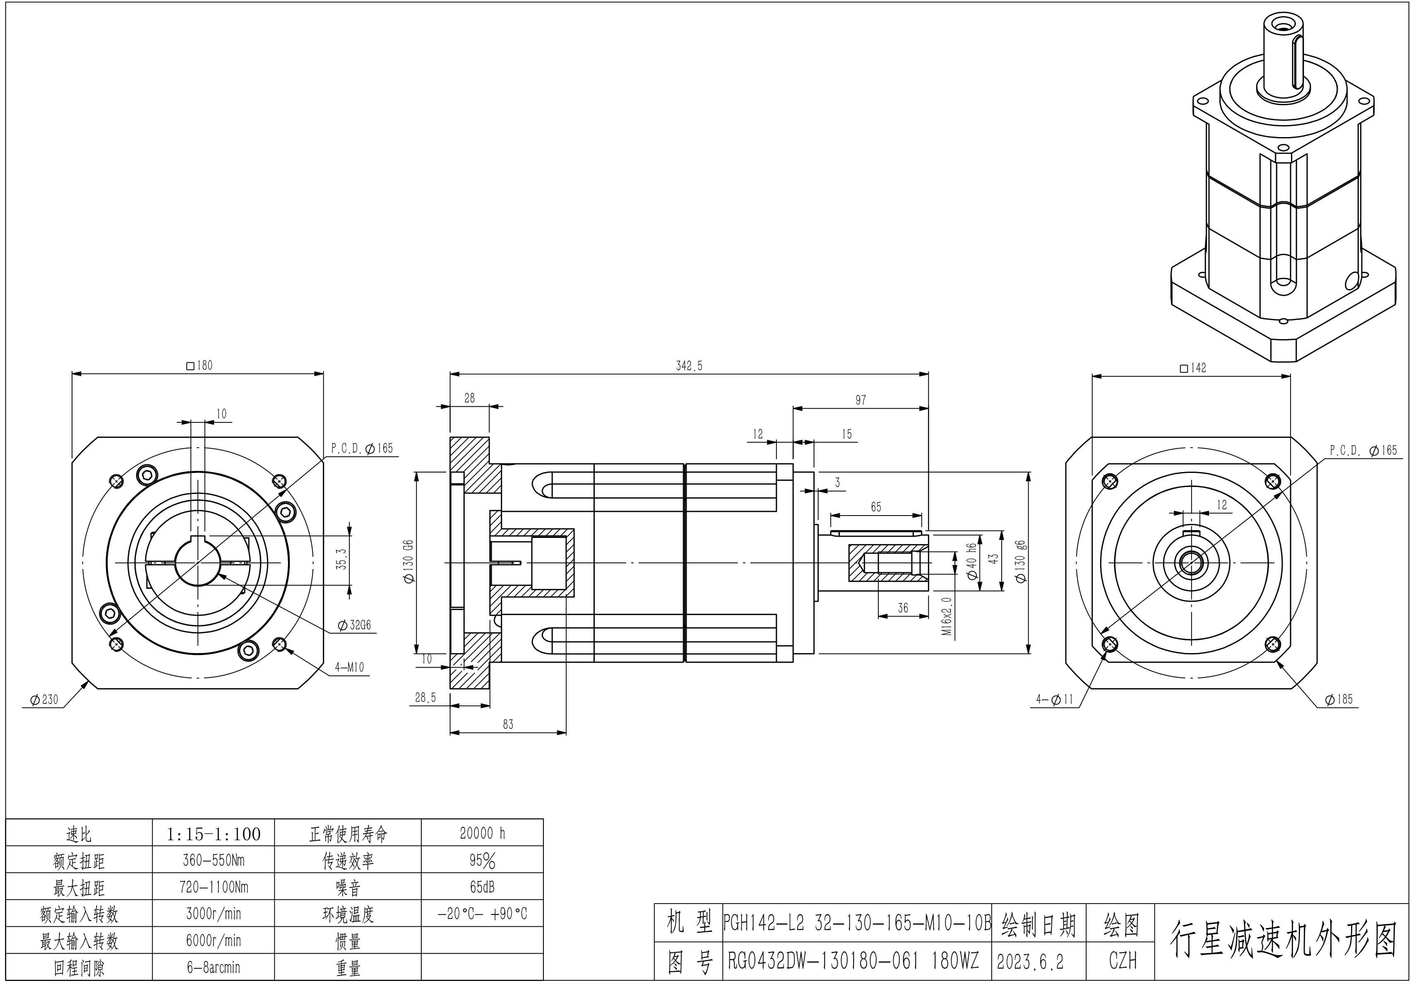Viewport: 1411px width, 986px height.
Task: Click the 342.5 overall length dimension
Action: click(x=689, y=366)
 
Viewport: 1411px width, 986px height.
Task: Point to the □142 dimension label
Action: click(x=1193, y=368)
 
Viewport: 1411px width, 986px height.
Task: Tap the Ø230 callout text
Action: click(x=44, y=699)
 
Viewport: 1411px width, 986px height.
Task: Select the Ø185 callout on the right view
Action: click(x=1339, y=699)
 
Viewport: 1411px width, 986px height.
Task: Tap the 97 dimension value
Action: click(x=861, y=400)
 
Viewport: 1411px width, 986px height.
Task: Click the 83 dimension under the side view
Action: click(x=507, y=724)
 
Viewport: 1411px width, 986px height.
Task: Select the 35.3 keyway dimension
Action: click(x=342, y=559)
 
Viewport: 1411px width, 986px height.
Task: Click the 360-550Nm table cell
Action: click(x=213, y=860)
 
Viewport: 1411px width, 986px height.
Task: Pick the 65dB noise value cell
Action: click(x=482, y=887)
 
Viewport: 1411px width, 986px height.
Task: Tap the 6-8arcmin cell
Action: click(x=213, y=967)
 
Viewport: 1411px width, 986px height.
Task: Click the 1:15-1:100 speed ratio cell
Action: click(x=213, y=834)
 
